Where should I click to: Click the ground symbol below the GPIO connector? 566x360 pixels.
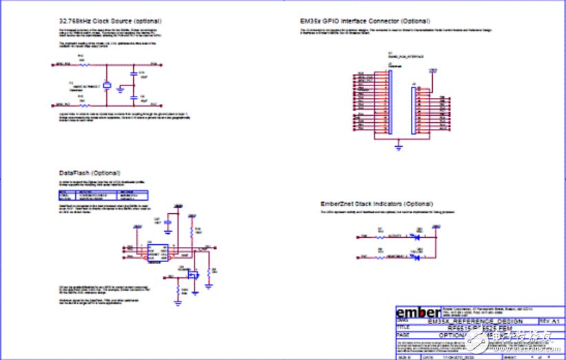pos(398,146)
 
